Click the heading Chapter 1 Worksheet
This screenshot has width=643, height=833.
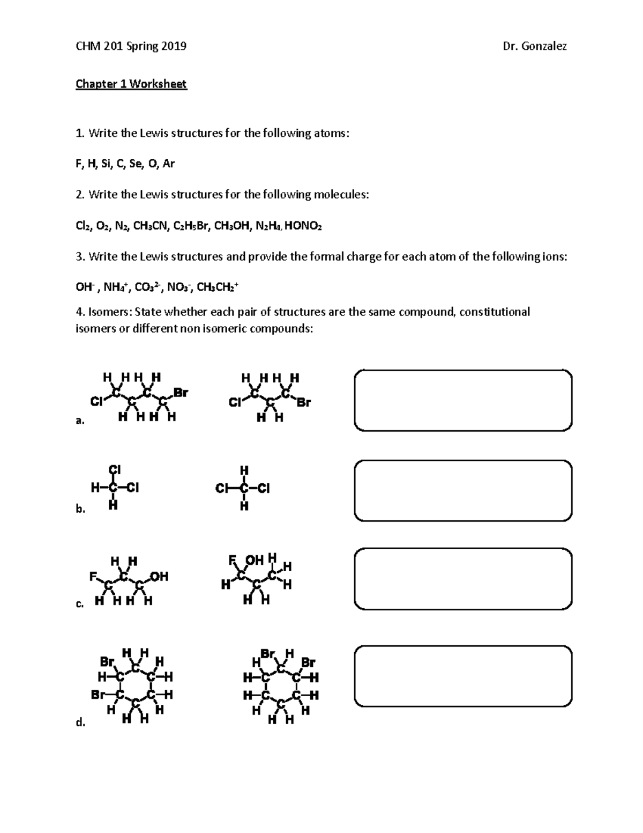click(x=131, y=84)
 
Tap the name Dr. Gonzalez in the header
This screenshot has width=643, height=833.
click(x=534, y=46)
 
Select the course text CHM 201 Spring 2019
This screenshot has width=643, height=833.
click(x=131, y=46)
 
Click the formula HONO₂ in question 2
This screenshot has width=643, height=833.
click(x=303, y=226)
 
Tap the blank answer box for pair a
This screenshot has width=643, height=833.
click(x=463, y=400)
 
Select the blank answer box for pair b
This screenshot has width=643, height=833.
click(x=463, y=490)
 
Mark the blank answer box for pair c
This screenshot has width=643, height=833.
click(x=463, y=579)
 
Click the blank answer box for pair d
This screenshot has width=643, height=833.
click(x=463, y=676)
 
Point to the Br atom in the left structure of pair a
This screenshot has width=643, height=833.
click(x=181, y=393)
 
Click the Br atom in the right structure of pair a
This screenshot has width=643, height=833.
click(x=303, y=402)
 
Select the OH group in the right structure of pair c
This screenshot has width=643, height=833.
click(x=255, y=560)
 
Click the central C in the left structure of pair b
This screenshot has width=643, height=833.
click(x=113, y=488)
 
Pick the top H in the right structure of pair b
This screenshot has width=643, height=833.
click(x=244, y=470)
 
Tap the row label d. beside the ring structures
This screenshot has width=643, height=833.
click(x=80, y=723)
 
